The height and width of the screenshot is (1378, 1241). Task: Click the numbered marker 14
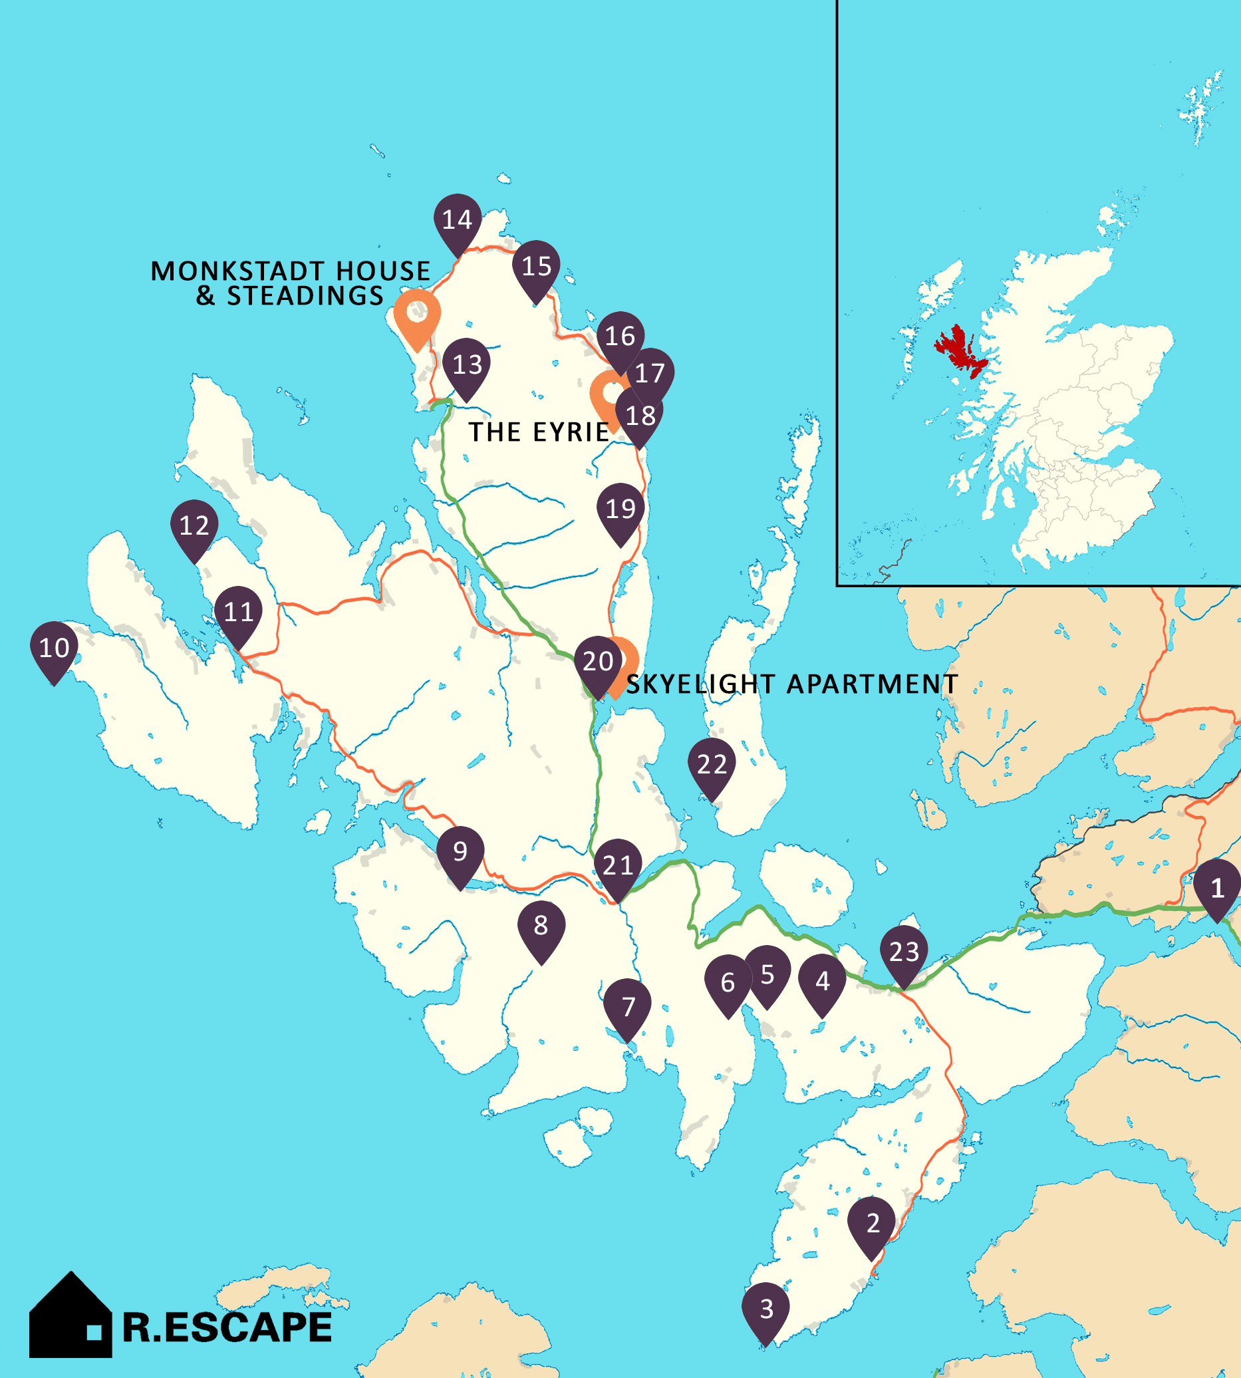(x=458, y=220)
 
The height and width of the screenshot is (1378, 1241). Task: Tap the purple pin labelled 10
(x=54, y=648)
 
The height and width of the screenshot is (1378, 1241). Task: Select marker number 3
(x=765, y=1309)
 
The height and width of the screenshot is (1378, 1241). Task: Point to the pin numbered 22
(x=712, y=764)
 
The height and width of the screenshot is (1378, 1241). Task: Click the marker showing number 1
(x=1217, y=888)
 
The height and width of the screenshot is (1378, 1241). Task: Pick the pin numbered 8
(x=541, y=926)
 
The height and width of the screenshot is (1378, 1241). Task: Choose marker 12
(x=194, y=525)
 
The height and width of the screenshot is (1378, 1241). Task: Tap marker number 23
(x=904, y=952)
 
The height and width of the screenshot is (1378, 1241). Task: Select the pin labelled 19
(x=620, y=509)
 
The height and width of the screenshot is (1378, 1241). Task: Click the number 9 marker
(x=460, y=852)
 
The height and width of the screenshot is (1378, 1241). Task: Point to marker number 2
(x=872, y=1223)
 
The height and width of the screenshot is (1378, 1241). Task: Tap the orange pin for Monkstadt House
(x=417, y=315)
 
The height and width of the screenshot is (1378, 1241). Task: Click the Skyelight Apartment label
(x=791, y=684)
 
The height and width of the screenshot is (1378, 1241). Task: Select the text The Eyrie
(x=539, y=432)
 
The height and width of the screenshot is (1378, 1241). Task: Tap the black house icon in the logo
(x=70, y=1316)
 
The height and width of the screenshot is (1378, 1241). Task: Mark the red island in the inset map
(x=960, y=350)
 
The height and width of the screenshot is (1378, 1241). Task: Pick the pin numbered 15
(x=537, y=267)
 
